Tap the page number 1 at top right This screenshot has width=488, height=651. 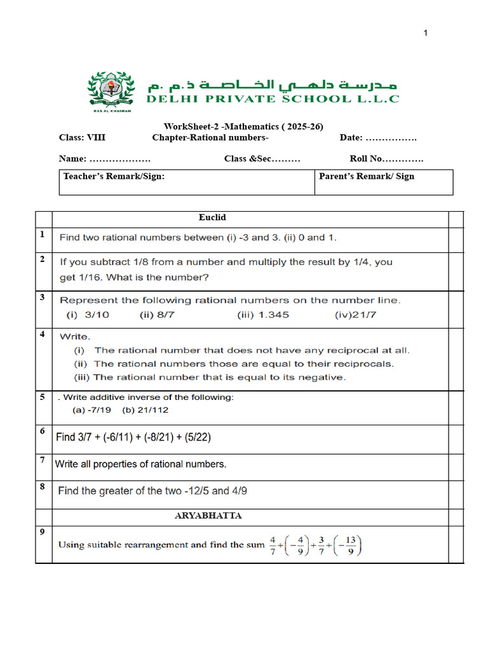coord(426,33)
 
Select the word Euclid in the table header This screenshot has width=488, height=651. coord(212,218)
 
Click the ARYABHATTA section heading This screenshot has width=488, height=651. coord(208,516)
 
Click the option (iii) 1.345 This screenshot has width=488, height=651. coord(262,314)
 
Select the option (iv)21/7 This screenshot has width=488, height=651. coord(356,314)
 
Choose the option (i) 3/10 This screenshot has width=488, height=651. coord(88,314)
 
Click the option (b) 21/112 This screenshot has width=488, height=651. coord(146,410)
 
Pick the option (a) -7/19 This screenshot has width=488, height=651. coord(92,410)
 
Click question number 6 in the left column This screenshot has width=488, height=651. coord(42,432)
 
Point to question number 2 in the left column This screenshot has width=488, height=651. coord(42,259)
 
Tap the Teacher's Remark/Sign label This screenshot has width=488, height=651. coord(114,175)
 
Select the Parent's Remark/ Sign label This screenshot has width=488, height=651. coord(366,175)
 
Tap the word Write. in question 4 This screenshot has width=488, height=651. coord(75,336)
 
